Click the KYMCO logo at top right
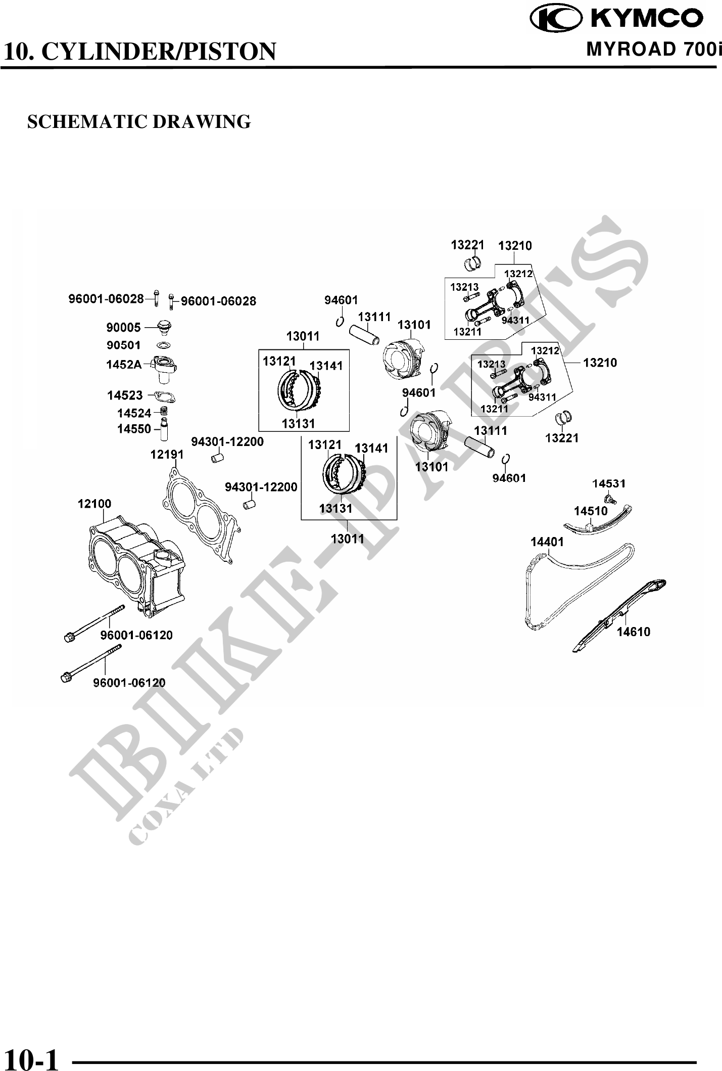click(618, 19)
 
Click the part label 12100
click(94, 504)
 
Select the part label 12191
click(167, 455)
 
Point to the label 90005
click(123, 328)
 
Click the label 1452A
click(124, 364)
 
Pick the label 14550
click(134, 429)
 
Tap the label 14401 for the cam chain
click(547, 542)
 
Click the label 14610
click(633, 632)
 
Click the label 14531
click(609, 484)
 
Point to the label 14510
click(591, 511)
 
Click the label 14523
click(125, 395)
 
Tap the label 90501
click(123, 345)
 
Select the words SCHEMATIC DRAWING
click(139, 122)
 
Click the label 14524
click(134, 413)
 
